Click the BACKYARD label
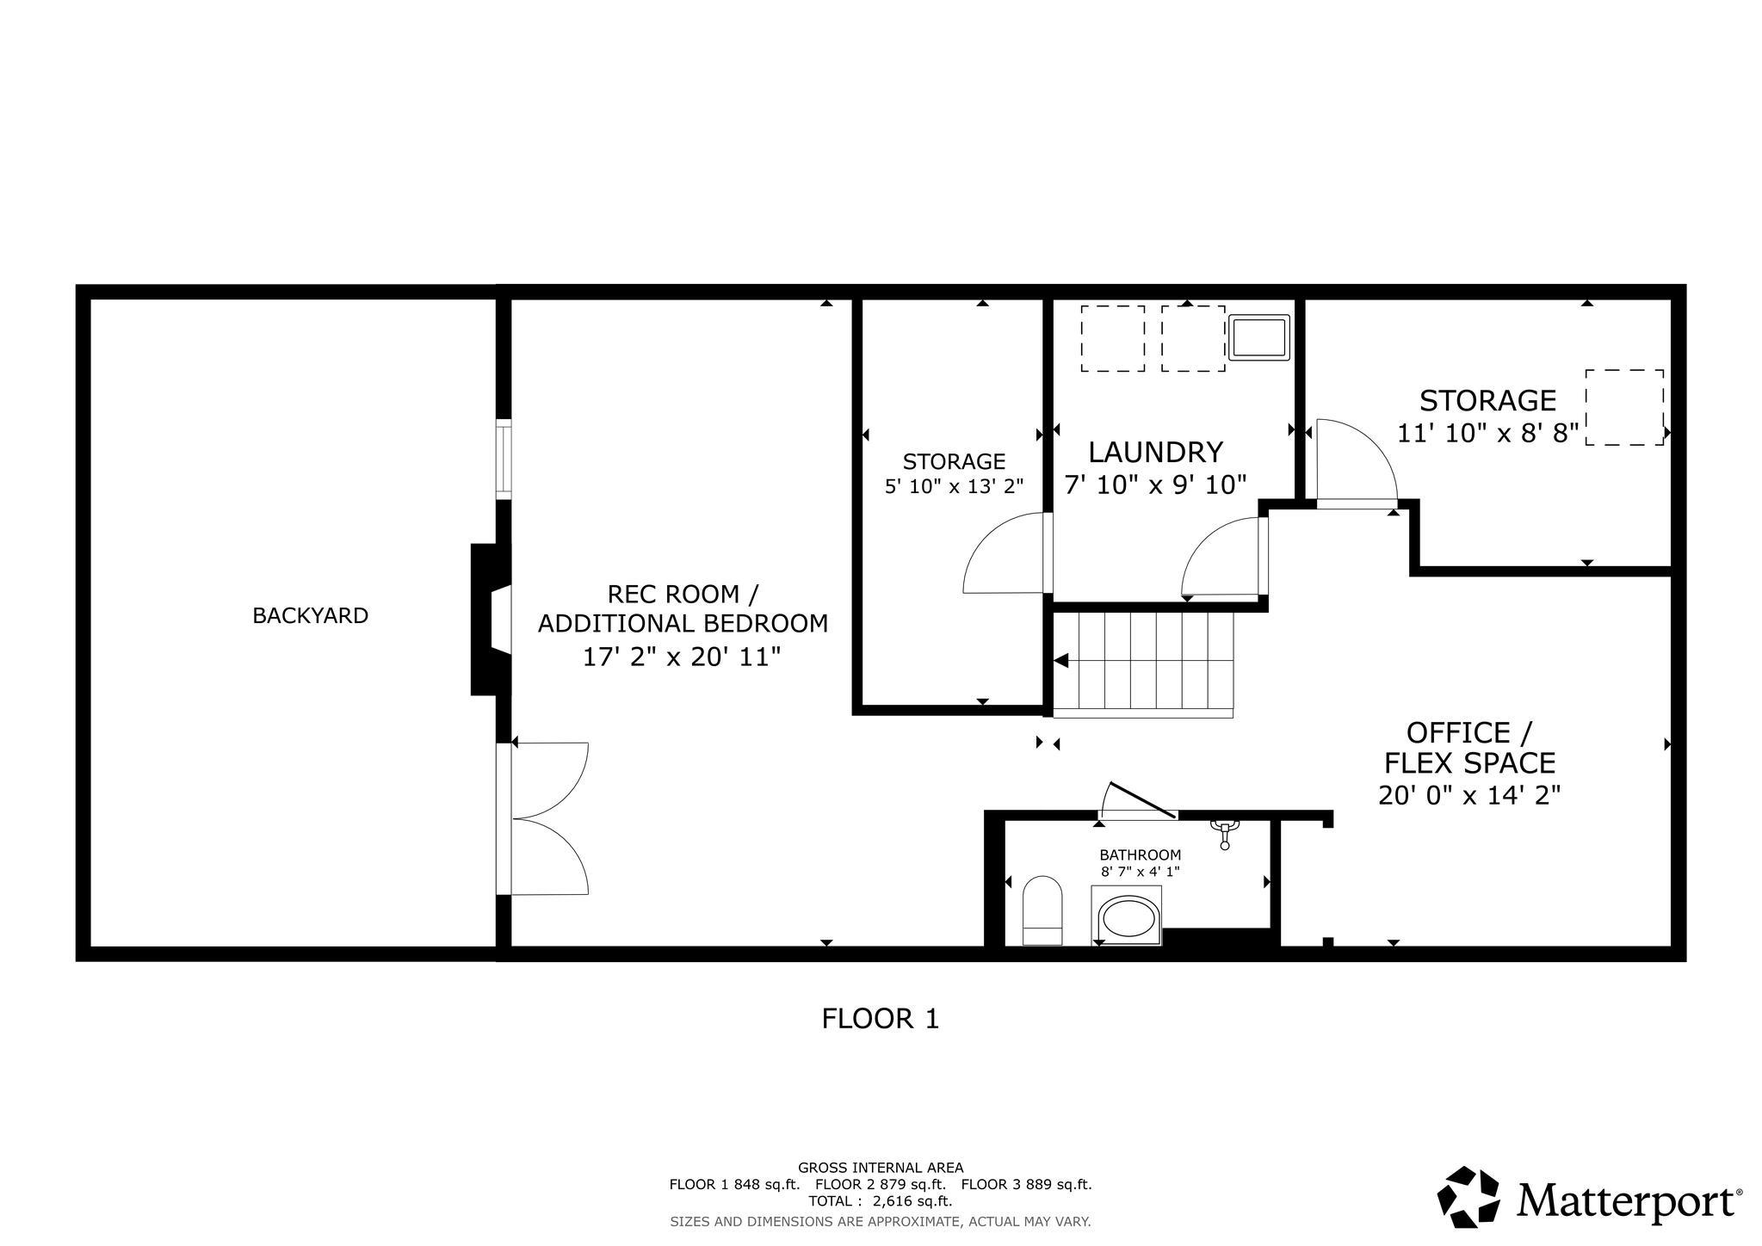pos(310,615)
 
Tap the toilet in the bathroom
pos(1042,910)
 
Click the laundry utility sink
pos(1259,336)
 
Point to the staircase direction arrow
pos(1061,661)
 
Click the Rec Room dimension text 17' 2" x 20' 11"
pos(682,657)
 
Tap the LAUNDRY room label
pos(1155,452)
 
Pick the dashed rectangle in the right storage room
pos(1623,407)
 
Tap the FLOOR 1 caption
pos(880,1019)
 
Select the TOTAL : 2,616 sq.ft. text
pos(880,1200)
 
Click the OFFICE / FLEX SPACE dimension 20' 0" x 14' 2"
pos(1468,795)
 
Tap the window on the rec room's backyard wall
pos(504,459)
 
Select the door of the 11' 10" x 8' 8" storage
pos(1353,462)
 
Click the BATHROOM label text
pos(1140,854)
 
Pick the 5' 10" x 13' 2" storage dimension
pos(954,486)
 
